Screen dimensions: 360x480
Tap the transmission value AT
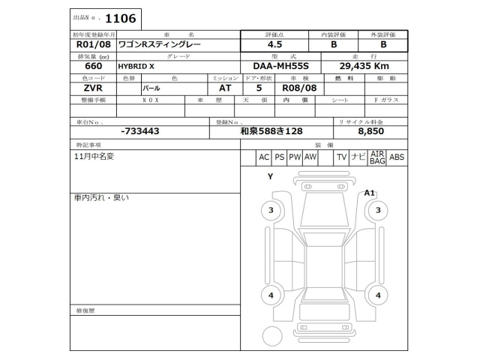pyautogui.click(x=224, y=88)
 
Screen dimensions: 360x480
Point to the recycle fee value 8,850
pyautogui.click(x=371, y=131)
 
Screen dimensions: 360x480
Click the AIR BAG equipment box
pyautogui.click(x=377, y=157)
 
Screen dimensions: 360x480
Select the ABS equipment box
pyautogui.click(x=397, y=157)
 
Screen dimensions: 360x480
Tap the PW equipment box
pyautogui.click(x=295, y=157)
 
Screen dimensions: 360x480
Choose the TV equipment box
pyautogui.click(x=341, y=157)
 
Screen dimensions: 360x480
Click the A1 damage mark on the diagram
pyautogui.click(x=369, y=193)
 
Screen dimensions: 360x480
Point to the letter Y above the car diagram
pyautogui.click(x=269, y=176)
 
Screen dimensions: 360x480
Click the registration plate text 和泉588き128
pyautogui.click(x=271, y=131)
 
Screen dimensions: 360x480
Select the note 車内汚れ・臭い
pyautogui.click(x=101, y=197)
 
